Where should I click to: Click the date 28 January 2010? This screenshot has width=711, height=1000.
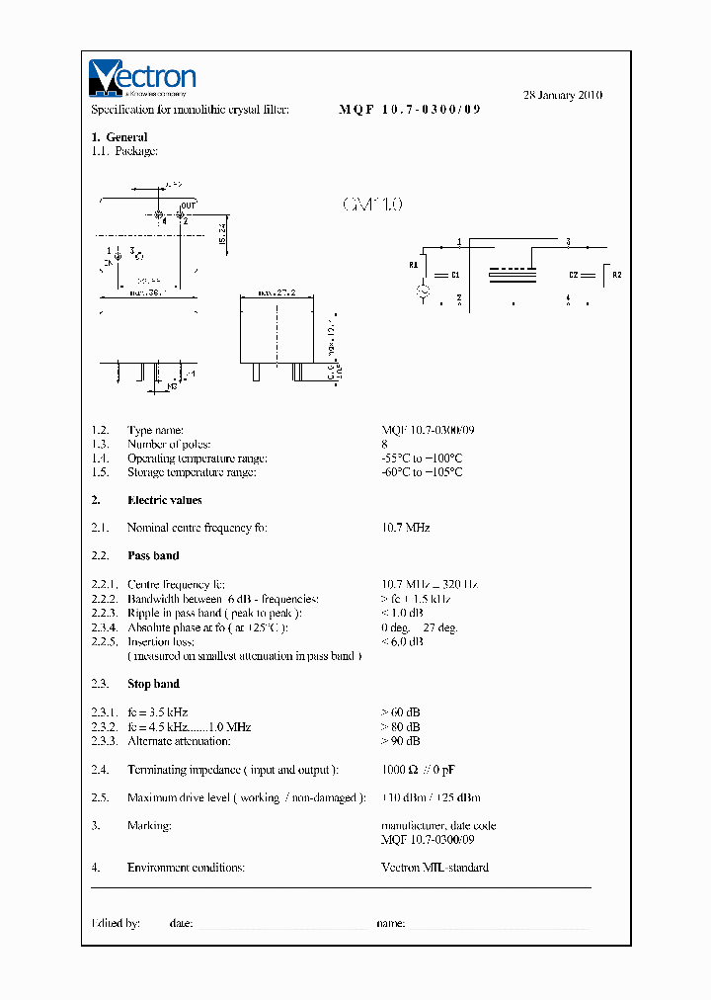point(562,95)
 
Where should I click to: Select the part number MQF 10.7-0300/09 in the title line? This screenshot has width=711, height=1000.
point(410,110)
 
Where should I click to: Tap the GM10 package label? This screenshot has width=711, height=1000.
point(372,205)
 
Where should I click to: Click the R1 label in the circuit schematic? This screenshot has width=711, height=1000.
point(414,265)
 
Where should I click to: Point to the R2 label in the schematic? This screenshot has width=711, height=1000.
point(617,274)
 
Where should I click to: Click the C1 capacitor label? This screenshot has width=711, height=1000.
point(455,274)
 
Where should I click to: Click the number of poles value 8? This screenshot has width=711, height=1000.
point(384,445)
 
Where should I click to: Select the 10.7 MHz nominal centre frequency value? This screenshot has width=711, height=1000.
point(405,528)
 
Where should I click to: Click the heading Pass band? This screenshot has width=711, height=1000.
point(153,555)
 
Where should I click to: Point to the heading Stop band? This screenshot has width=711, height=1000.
point(153,684)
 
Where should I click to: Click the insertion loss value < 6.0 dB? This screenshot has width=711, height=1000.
point(402,641)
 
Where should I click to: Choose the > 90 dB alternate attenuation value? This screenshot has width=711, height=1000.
point(400,740)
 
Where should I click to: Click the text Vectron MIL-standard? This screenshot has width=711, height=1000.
point(434,868)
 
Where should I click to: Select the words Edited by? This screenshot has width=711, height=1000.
point(116,923)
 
